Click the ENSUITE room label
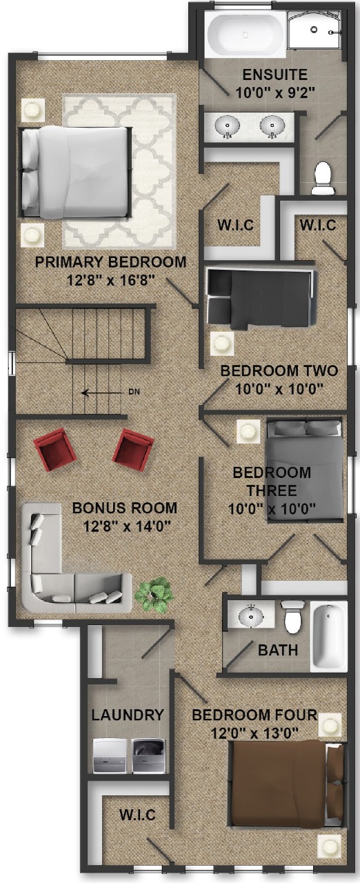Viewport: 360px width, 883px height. [x=274, y=75]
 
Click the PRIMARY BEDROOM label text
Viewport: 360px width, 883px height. [x=110, y=261]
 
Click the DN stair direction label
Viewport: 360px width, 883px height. [x=134, y=392]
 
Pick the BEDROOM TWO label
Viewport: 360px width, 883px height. [x=279, y=370]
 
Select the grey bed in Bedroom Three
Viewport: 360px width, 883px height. [x=305, y=472]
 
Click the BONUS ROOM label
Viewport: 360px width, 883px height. [x=124, y=508]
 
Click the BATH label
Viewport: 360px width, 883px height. [x=278, y=650]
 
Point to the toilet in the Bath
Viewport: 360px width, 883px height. [x=292, y=617]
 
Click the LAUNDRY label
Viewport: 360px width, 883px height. [x=127, y=715]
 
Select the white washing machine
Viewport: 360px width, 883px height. [x=110, y=756]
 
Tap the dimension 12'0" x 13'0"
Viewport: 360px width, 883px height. [x=254, y=733]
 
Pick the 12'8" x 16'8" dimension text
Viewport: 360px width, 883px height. [x=110, y=281]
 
